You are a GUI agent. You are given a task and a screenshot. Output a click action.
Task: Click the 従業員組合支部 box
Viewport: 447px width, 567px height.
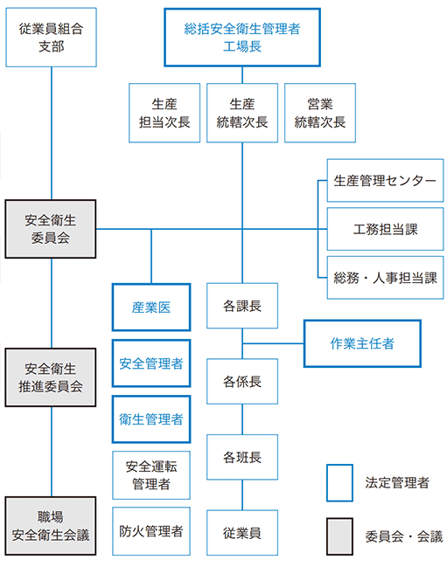(51, 38)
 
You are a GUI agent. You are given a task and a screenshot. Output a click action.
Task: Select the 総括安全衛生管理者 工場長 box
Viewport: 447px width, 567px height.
(242, 38)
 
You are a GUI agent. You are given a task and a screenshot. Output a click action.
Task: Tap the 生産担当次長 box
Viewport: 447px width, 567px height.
(164, 113)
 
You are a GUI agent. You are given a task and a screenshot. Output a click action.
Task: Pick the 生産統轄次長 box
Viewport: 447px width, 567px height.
(242, 113)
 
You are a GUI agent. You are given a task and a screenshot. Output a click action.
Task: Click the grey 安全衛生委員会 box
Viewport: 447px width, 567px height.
(51, 229)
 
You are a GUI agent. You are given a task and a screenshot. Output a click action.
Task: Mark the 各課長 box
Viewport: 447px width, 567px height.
(242, 307)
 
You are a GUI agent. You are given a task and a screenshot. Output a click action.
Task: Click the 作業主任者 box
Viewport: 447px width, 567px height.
(362, 343)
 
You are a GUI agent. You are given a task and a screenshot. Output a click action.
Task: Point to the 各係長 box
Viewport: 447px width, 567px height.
(242, 382)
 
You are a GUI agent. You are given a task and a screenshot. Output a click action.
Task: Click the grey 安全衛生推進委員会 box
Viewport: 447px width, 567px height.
(51, 377)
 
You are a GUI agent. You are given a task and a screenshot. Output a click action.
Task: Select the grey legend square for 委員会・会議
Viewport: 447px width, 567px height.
(339, 536)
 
